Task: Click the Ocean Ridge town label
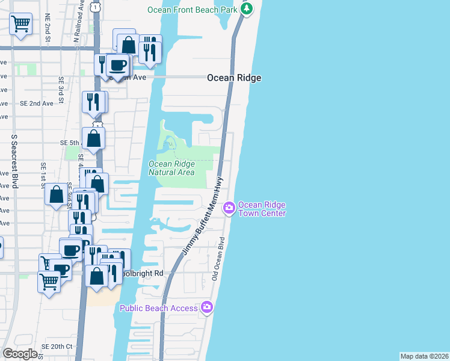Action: [x=234, y=78]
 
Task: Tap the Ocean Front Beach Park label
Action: [x=193, y=10]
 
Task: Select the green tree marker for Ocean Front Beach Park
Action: [x=247, y=9]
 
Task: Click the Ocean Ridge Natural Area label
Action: [x=171, y=168]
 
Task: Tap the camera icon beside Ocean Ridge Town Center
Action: [x=229, y=209]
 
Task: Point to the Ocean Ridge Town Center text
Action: [x=262, y=209]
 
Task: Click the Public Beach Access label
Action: [x=158, y=308]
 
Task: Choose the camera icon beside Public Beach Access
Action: [x=208, y=307]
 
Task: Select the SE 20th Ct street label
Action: [x=57, y=347]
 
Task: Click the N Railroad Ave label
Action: [x=76, y=27]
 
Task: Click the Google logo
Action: [x=20, y=354]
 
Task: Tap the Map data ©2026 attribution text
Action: [x=424, y=356]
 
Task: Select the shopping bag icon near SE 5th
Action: [x=94, y=138]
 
